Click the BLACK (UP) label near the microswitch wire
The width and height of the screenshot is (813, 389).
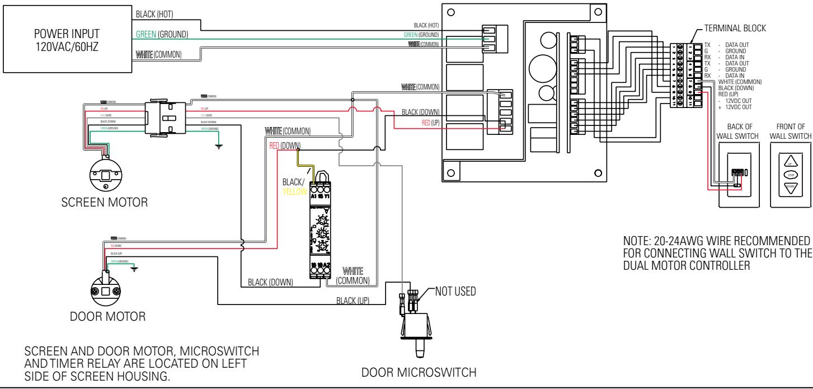[x=353, y=301]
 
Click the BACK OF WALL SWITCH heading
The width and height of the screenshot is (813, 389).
[x=737, y=132]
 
